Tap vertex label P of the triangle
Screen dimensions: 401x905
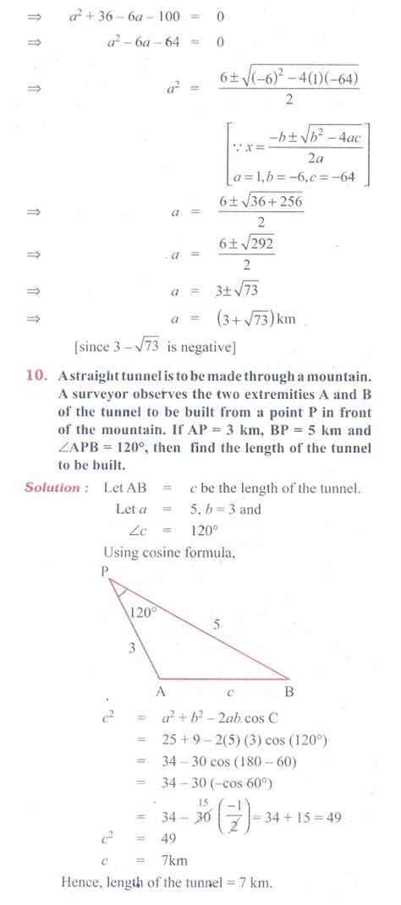click(x=104, y=570)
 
